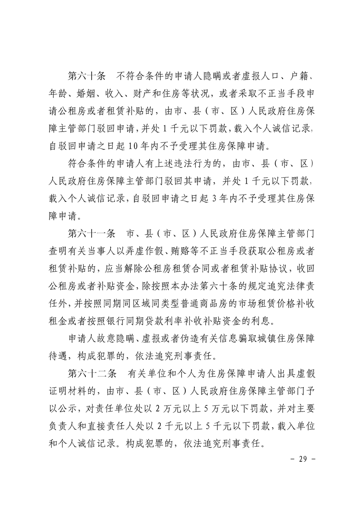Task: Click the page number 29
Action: pos(301,459)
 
